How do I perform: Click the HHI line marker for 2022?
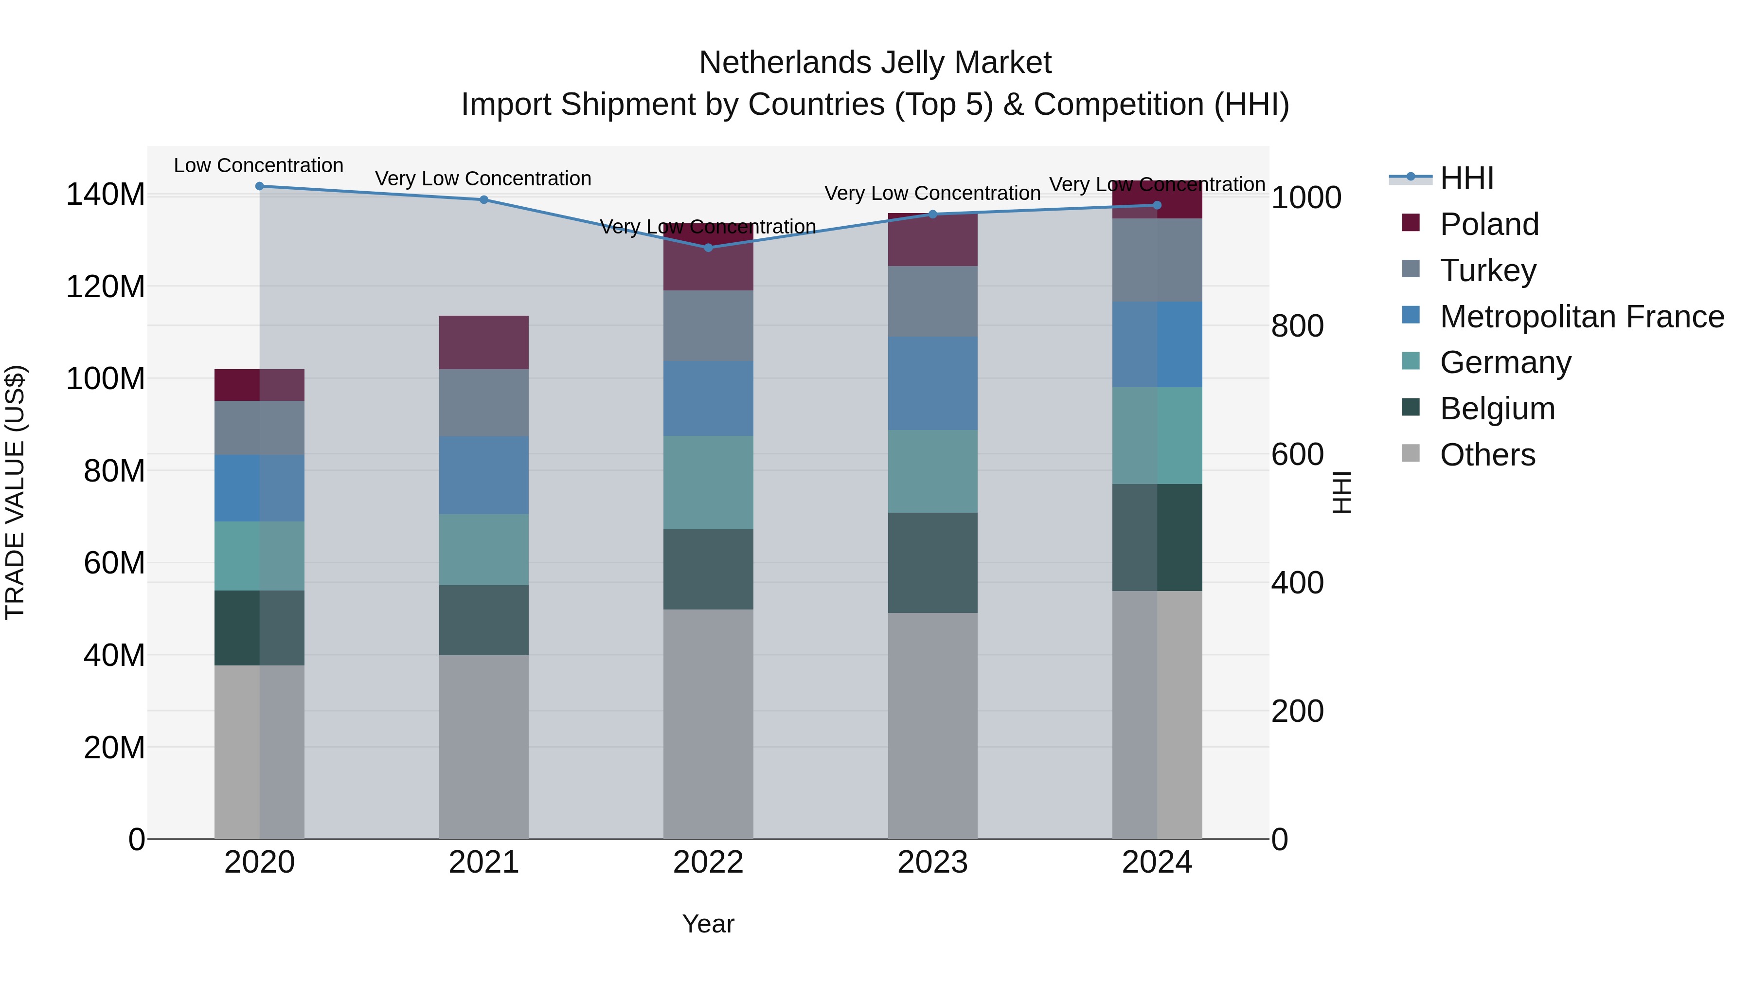pyautogui.click(x=708, y=248)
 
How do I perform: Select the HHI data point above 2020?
pyautogui.click(x=260, y=186)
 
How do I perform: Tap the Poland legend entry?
pyautogui.click(x=1489, y=224)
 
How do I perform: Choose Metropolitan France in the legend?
pyautogui.click(x=1581, y=317)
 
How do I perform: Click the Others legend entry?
pyautogui.click(x=1487, y=455)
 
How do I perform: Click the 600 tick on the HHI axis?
pyautogui.click(x=1297, y=455)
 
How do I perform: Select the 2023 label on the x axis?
pyautogui.click(x=932, y=862)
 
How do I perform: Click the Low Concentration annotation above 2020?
pyautogui.click(x=258, y=166)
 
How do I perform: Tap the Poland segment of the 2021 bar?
pyautogui.click(x=483, y=342)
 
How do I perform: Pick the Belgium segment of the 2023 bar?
pyautogui.click(x=932, y=563)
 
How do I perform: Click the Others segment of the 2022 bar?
pyautogui.click(x=708, y=724)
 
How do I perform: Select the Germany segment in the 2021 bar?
pyautogui.click(x=483, y=549)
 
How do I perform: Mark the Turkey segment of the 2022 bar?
pyautogui.click(x=708, y=325)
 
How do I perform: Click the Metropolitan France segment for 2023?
pyautogui.click(x=932, y=383)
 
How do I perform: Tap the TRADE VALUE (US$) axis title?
pyautogui.click(x=16, y=492)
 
